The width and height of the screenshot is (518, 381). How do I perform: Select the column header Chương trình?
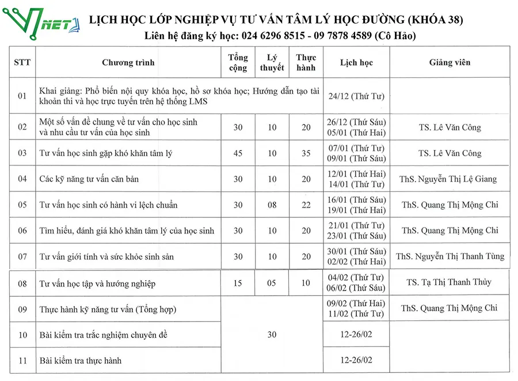[128, 62]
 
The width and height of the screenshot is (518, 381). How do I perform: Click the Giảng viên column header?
[450, 62]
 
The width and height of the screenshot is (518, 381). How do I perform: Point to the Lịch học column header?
[356, 62]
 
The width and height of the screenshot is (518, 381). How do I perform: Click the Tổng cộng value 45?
[238, 153]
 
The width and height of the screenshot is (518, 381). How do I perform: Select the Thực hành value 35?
[306, 153]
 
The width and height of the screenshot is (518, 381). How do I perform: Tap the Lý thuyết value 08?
[272, 205]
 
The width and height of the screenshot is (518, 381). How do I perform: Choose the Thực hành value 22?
[306, 205]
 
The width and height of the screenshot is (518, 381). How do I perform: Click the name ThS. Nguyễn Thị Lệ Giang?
[448, 179]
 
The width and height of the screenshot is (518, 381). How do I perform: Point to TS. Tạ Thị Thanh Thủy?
[449, 282]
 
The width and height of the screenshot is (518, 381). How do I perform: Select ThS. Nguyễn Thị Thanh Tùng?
[450, 256]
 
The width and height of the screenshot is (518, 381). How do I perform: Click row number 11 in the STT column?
[22, 361]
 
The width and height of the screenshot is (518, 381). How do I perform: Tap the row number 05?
[22, 205]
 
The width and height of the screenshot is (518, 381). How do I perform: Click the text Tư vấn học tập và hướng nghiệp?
[97, 284]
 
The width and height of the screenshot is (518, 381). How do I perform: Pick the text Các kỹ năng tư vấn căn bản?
[89, 179]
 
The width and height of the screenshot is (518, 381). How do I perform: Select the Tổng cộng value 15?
[238, 283]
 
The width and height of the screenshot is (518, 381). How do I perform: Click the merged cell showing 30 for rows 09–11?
[272, 335]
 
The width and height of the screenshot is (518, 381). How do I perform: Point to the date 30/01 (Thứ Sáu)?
[356, 251]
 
